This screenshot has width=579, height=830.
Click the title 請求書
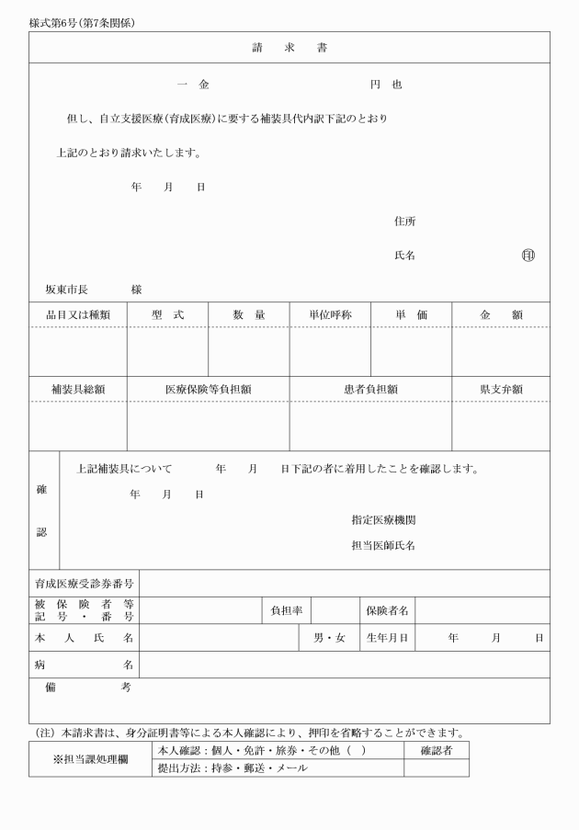click(289, 47)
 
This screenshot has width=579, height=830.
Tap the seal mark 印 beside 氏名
click(528, 256)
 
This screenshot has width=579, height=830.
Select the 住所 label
click(404, 222)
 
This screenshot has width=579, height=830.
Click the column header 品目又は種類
click(78, 314)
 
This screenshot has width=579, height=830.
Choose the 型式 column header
click(167, 314)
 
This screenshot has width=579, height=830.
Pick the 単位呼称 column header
click(330, 314)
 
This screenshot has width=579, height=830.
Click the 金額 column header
click(501, 314)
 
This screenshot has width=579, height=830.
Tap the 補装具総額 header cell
click(78, 389)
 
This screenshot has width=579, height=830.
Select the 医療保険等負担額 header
click(208, 389)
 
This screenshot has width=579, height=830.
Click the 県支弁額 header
click(501, 389)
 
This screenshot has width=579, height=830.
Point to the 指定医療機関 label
click(383, 519)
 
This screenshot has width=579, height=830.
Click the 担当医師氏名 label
click(383, 545)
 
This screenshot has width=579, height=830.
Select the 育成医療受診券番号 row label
click(85, 583)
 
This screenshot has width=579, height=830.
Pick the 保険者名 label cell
click(387, 610)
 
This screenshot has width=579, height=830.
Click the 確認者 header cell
click(437, 750)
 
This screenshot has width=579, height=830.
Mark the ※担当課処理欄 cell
click(90, 760)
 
